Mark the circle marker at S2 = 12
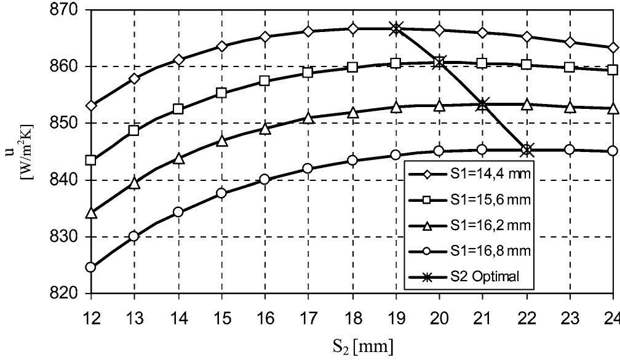point(91,267)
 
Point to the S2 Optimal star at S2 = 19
point(395,28)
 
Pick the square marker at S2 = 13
point(134,130)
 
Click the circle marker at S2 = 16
point(265,179)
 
